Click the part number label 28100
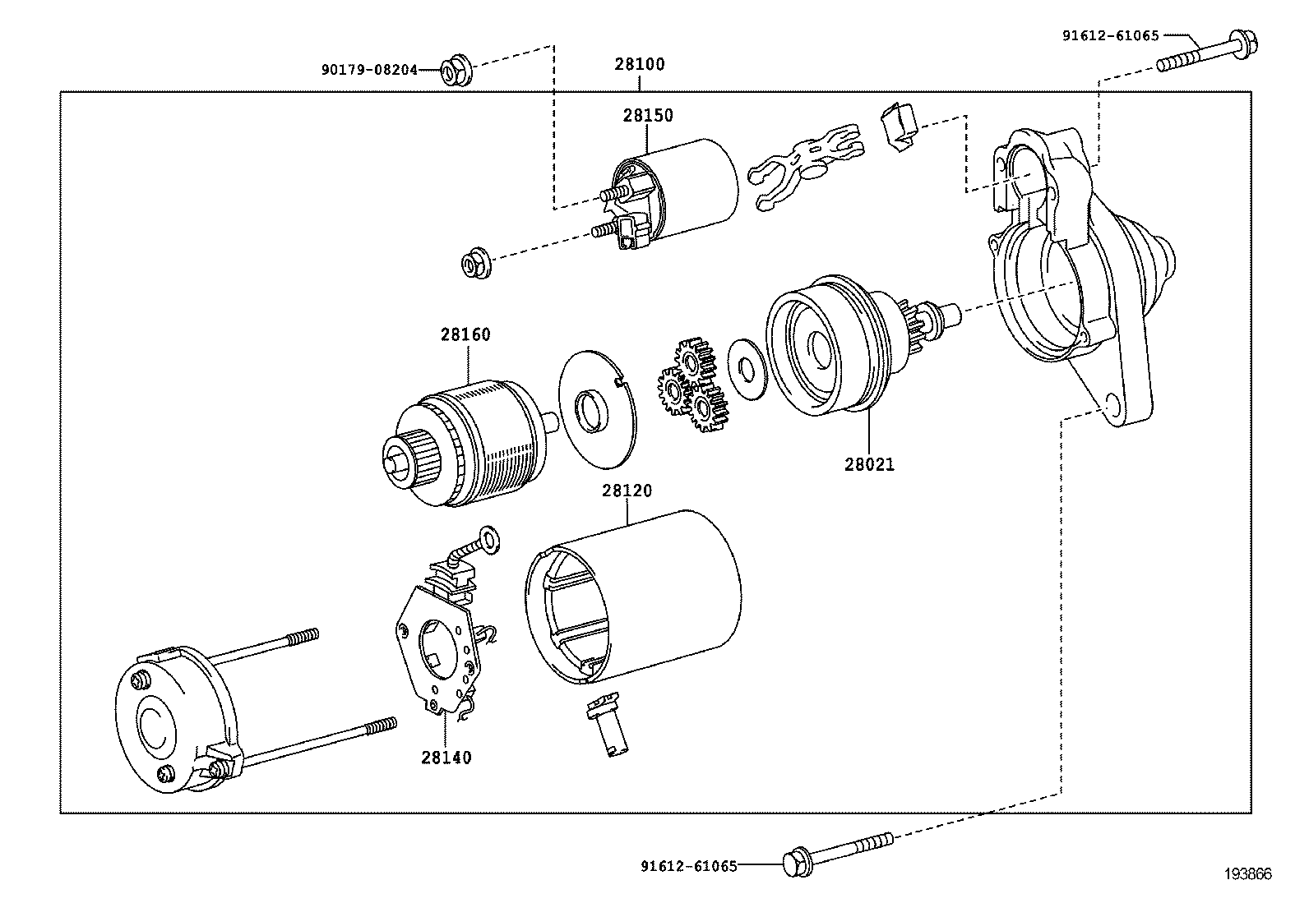pos(640,64)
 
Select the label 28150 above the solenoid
pos(647,116)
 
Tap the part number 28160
pos(465,334)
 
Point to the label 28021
pos(869,464)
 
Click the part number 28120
pos(627,491)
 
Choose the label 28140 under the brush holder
pos(446,758)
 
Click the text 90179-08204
pos(369,71)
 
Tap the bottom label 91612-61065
pos(688,865)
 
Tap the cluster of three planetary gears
pos(693,385)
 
